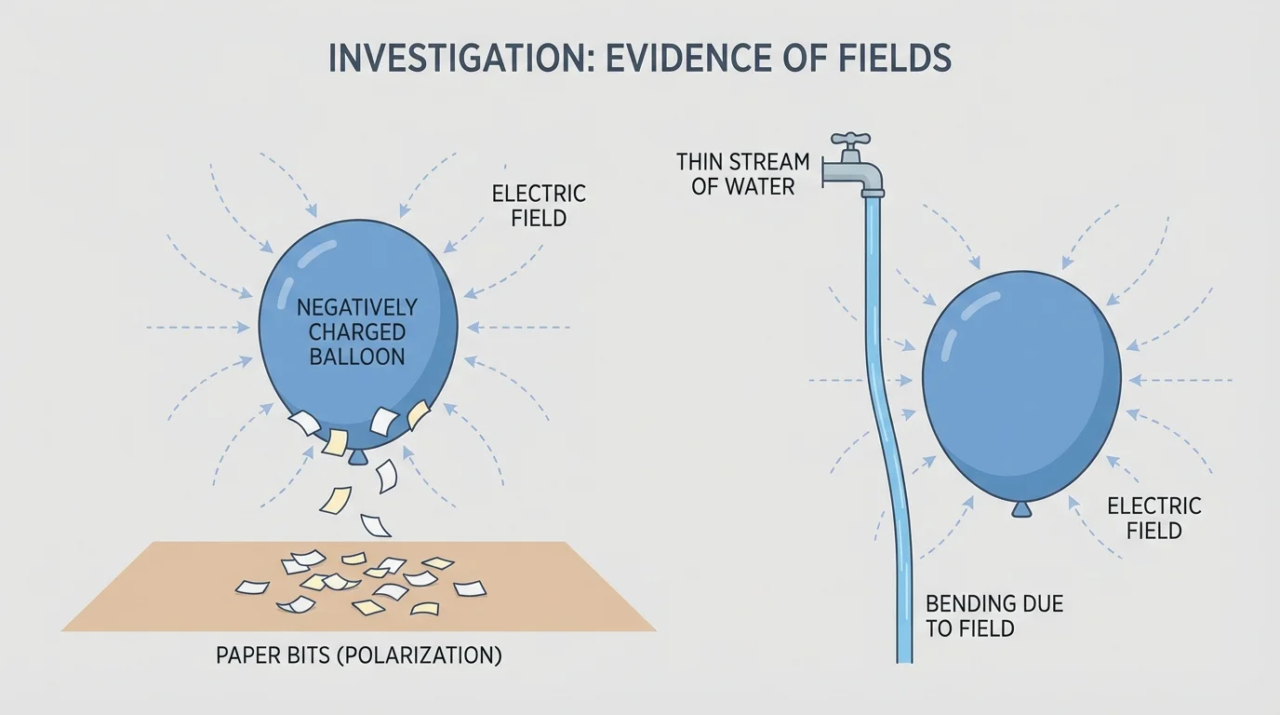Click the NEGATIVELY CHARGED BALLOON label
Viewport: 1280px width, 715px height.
coord(356,331)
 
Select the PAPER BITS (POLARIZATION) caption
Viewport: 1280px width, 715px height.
coord(358,655)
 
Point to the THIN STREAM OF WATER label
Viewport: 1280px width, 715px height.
coord(742,173)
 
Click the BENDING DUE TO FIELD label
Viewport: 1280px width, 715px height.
coord(993,616)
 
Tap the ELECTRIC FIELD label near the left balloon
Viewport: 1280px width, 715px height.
coord(539,206)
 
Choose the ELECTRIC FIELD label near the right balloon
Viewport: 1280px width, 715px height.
coord(1153,519)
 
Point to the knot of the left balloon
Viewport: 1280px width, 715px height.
coord(357,457)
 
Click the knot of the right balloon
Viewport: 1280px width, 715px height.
coord(1021,508)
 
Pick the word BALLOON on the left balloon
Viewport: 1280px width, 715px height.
coord(356,356)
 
